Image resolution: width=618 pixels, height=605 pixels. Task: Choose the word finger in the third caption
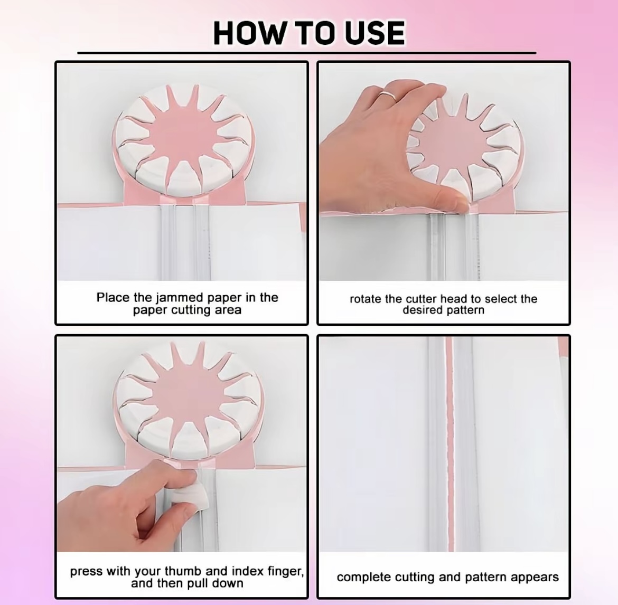pyautogui.click(x=285, y=572)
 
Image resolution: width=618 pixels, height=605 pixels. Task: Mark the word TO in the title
pyautogui.click(x=314, y=33)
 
